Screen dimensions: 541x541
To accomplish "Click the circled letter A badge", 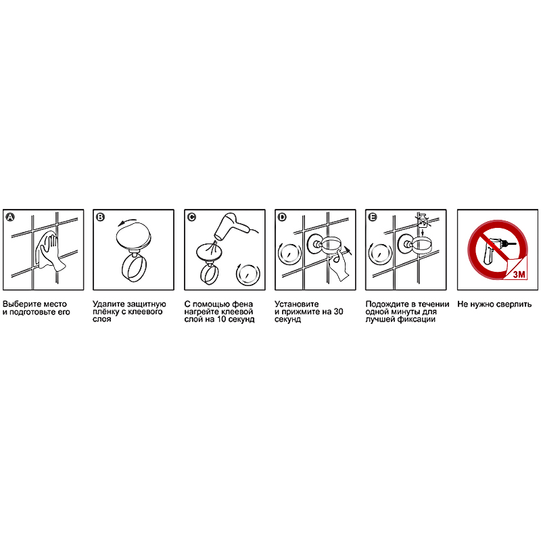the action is click(x=11, y=217).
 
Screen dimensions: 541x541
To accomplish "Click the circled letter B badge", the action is click(x=100, y=217).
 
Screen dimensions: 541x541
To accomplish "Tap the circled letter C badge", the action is click(x=191, y=217).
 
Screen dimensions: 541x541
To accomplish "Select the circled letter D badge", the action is click(x=282, y=217).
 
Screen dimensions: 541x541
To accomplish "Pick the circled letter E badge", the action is click(x=373, y=217).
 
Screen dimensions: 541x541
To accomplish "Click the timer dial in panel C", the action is click(x=248, y=274).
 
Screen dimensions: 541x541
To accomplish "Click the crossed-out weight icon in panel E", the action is click(x=423, y=221).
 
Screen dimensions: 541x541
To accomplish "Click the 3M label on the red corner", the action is click(x=519, y=274).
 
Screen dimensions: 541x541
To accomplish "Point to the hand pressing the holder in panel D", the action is click(x=338, y=264).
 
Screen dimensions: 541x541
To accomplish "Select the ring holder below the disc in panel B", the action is click(x=134, y=268).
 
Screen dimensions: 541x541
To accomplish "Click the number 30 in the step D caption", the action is click(x=339, y=312).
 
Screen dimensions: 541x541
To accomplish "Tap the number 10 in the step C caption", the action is click(x=222, y=319).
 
